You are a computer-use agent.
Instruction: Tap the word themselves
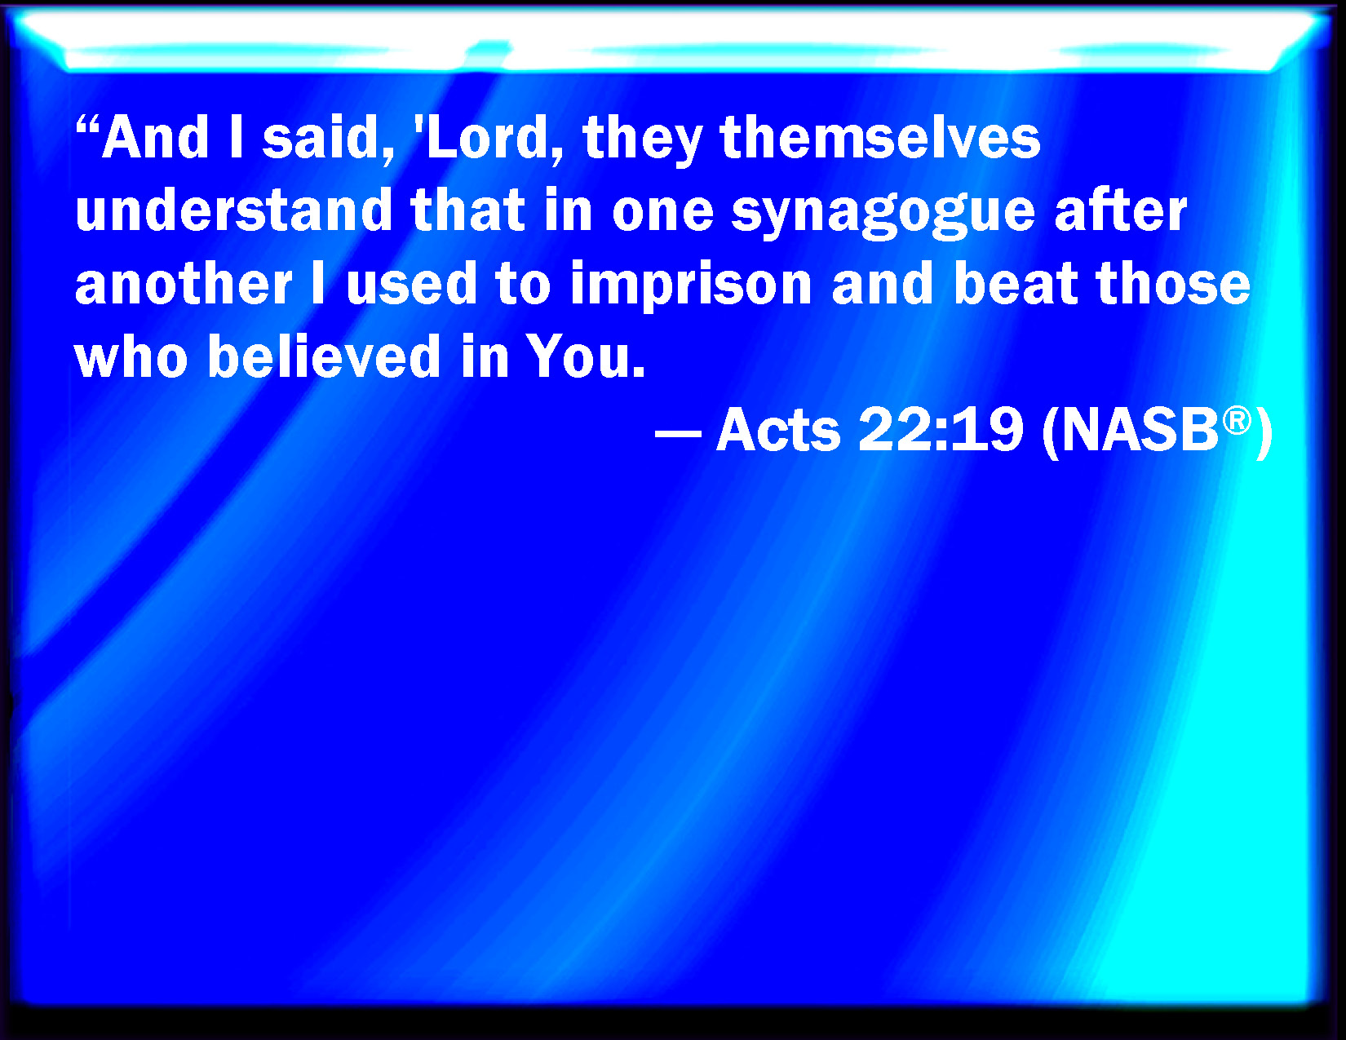point(880,138)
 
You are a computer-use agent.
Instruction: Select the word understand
point(233,210)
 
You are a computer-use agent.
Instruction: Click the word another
point(184,284)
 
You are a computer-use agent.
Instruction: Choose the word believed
point(324,356)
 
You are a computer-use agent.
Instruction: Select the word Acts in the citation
point(778,429)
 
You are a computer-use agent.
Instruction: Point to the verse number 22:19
point(941,429)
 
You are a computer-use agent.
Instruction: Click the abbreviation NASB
point(1140,429)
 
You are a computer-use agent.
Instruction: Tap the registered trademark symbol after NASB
point(1237,421)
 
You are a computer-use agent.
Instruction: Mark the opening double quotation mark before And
point(88,125)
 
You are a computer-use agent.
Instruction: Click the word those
point(1173,284)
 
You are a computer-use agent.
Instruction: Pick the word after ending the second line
point(1121,210)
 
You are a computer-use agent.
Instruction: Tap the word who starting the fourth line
point(131,356)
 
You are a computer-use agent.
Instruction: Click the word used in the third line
point(411,284)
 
